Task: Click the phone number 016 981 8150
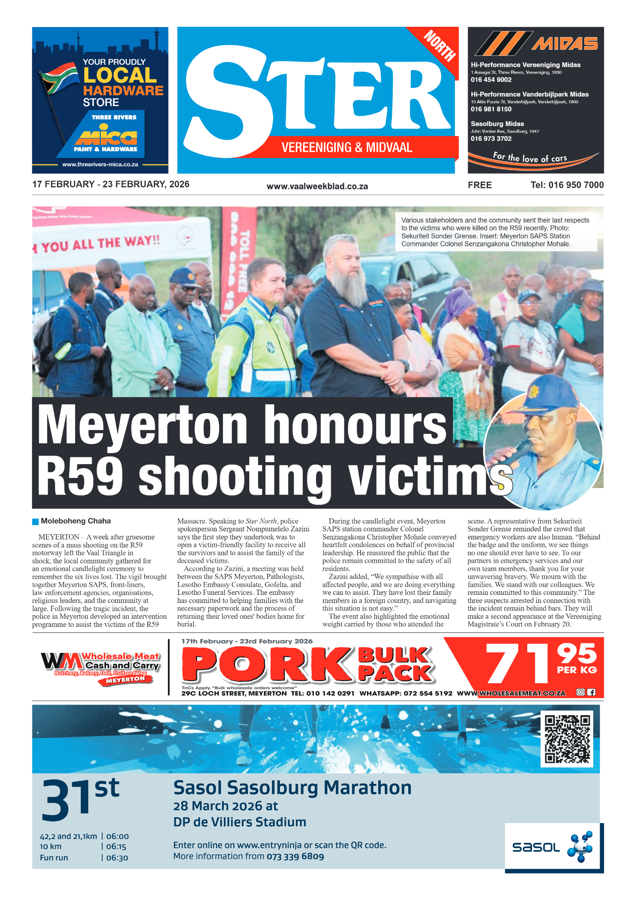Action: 491,109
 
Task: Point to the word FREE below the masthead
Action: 480,185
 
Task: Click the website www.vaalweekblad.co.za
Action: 317,186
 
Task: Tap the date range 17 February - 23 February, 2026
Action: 111,184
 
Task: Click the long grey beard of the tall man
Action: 349,286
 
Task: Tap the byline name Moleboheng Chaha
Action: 76,521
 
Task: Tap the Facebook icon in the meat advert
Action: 591,692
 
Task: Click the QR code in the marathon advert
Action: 567,739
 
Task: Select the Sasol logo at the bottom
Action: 552,847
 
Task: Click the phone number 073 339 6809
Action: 295,856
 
